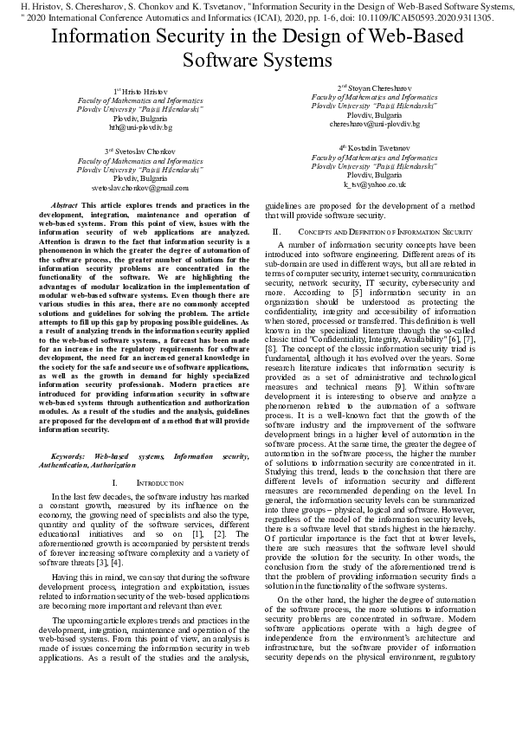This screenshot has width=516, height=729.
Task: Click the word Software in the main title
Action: click(225, 61)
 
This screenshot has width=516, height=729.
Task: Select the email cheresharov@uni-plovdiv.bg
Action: click(374, 124)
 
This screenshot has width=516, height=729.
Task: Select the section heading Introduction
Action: click(161, 481)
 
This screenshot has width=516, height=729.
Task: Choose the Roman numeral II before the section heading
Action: click(276, 233)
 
